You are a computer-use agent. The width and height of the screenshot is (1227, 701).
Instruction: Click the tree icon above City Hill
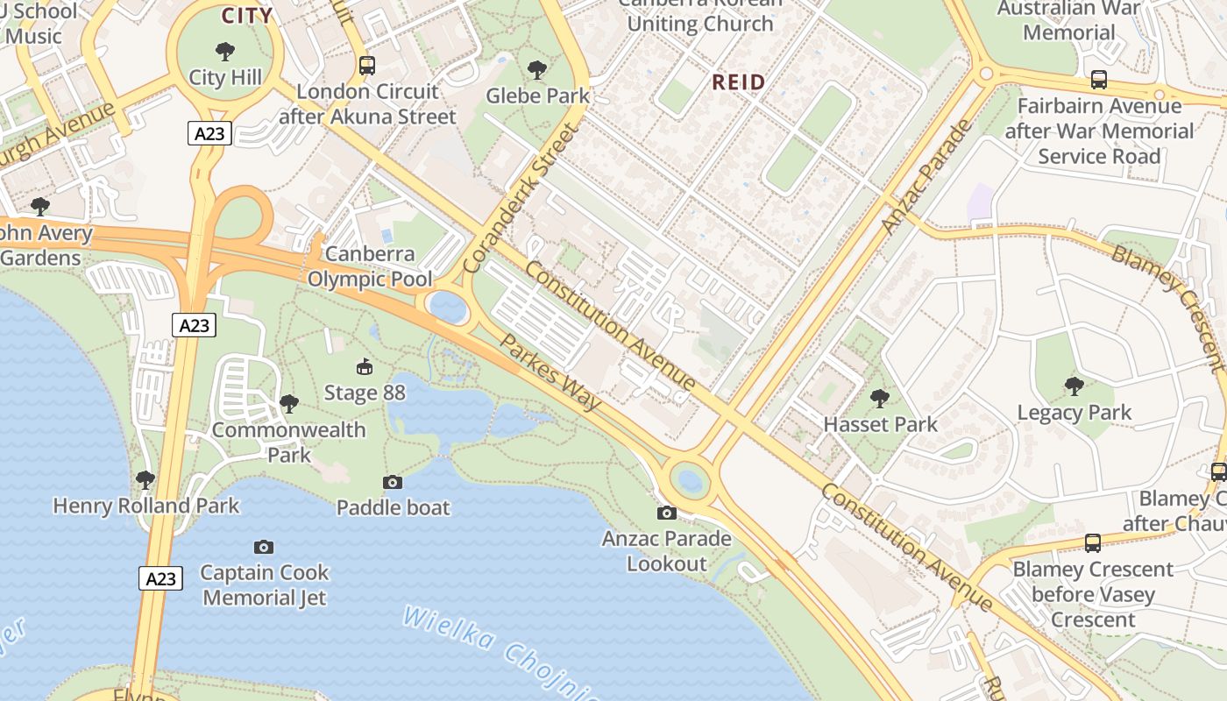coord(225,51)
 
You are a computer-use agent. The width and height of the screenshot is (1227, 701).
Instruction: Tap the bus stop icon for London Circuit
coord(367,65)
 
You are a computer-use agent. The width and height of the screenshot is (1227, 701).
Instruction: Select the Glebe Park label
coord(537,95)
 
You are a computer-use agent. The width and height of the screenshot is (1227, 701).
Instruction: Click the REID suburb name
coord(738,82)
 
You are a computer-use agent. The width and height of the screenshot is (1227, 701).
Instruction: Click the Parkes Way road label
coord(550,372)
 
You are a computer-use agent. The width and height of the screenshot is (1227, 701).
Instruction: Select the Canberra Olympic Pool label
coord(370,266)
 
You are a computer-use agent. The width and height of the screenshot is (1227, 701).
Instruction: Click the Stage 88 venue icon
coord(364,365)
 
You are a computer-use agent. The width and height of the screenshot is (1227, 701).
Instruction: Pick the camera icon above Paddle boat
coord(393,482)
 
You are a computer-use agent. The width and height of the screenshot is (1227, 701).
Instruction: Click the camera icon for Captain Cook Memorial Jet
coord(264,547)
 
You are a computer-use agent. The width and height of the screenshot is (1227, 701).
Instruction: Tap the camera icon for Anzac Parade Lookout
coord(667,513)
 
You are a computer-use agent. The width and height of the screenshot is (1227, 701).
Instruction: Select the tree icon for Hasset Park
coord(880,399)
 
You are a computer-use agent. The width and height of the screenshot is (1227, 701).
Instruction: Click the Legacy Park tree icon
coord(1074,386)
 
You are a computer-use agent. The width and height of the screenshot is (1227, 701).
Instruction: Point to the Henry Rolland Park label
coord(146,506)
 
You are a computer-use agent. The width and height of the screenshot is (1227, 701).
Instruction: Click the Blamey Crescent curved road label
coord(1167,307)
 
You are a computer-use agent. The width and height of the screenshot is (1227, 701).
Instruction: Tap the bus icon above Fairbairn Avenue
coord(1099,81)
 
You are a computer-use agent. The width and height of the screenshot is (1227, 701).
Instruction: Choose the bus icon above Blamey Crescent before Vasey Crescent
coord(1093,542)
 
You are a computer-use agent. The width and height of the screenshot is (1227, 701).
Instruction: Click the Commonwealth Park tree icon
coord(289,404)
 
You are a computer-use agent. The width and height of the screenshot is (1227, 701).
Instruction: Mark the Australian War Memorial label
coord(1069,21)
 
